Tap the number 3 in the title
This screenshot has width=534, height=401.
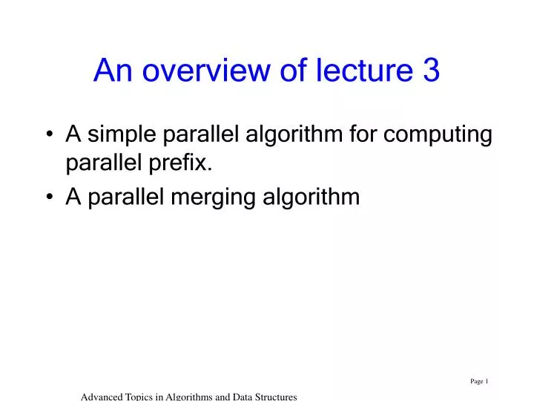[x=431, y=71]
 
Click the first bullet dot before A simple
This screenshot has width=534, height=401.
[x=49, y=136]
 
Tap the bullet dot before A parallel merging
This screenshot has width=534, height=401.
[x=49, y=198]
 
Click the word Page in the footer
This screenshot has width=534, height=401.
[x=477, y=382]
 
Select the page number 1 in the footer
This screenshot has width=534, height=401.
[x=487, y=382]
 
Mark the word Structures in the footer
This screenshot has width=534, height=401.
[x=277, y=397]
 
